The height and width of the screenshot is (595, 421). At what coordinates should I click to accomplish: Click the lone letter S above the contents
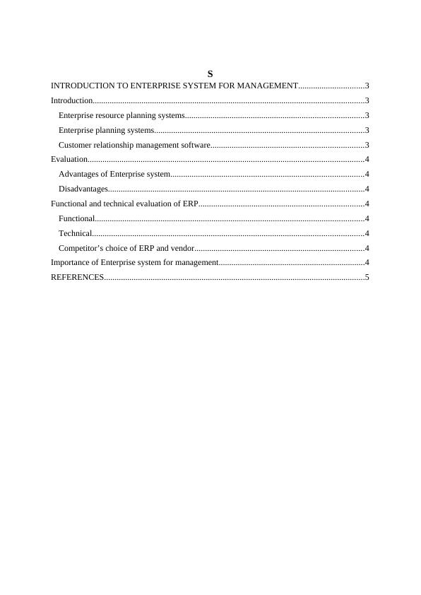pos(210,74)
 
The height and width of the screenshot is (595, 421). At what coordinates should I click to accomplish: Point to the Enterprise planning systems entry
pos(106,130)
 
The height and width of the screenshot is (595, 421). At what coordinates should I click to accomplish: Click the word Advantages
pos(78,174)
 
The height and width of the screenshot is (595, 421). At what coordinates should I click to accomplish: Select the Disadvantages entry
pos(83,189)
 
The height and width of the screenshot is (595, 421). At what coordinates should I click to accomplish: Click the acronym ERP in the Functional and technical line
pos(190,204)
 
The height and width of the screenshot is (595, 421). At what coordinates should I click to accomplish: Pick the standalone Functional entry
pos(76,218)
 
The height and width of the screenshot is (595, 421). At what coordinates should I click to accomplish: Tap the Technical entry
pos(75,233)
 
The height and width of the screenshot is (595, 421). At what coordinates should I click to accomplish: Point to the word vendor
pos(183,248)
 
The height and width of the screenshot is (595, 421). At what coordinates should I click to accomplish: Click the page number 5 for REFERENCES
pos(367,278)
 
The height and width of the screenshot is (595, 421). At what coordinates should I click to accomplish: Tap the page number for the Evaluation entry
pos(367,160)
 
